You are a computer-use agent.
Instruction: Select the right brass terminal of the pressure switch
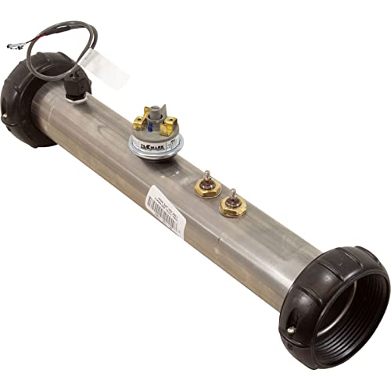click(x=169, y=121)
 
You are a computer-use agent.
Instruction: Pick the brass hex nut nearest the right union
click(x=233, y=206)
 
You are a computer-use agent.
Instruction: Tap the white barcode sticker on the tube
click(x=165, y=211)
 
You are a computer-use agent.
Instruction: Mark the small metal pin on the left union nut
click(x=6, y=117)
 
